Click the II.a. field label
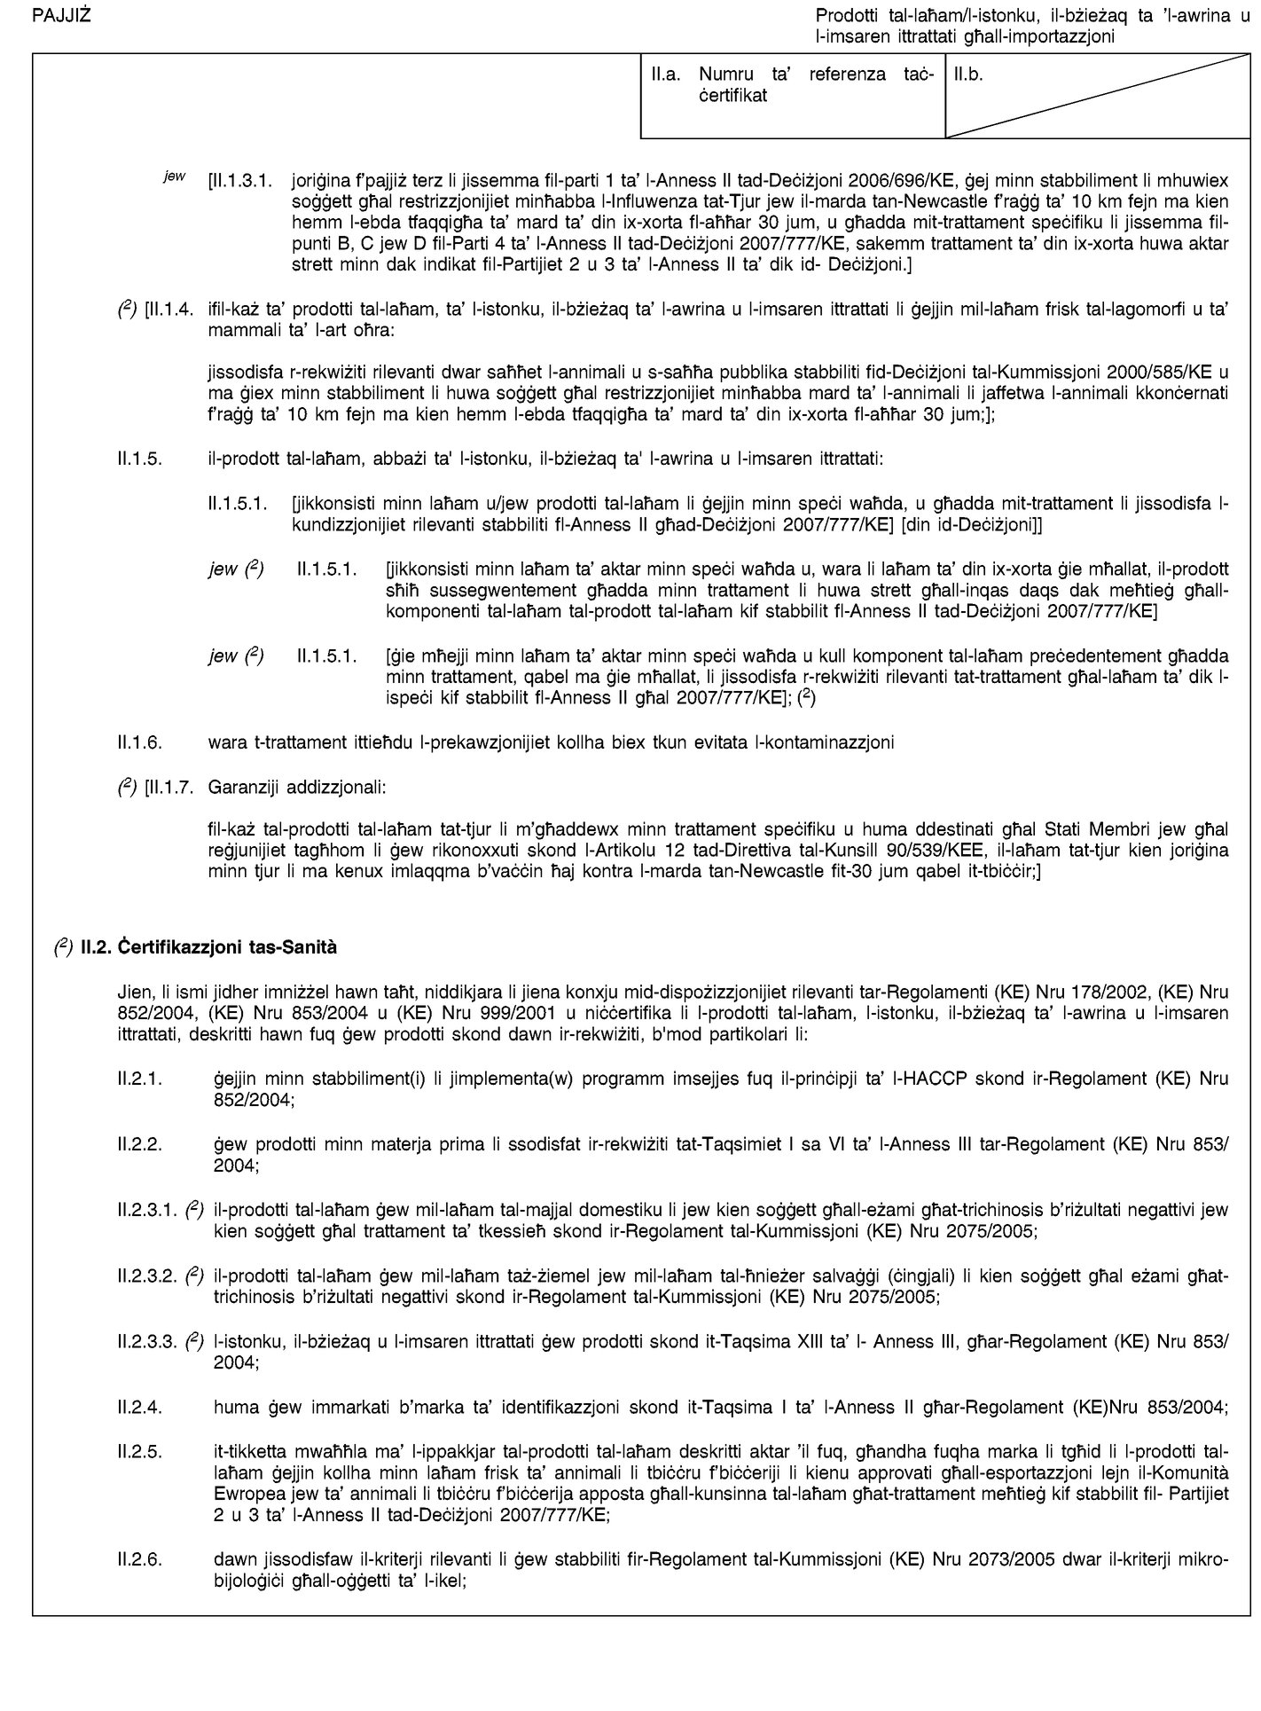[666, 76]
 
